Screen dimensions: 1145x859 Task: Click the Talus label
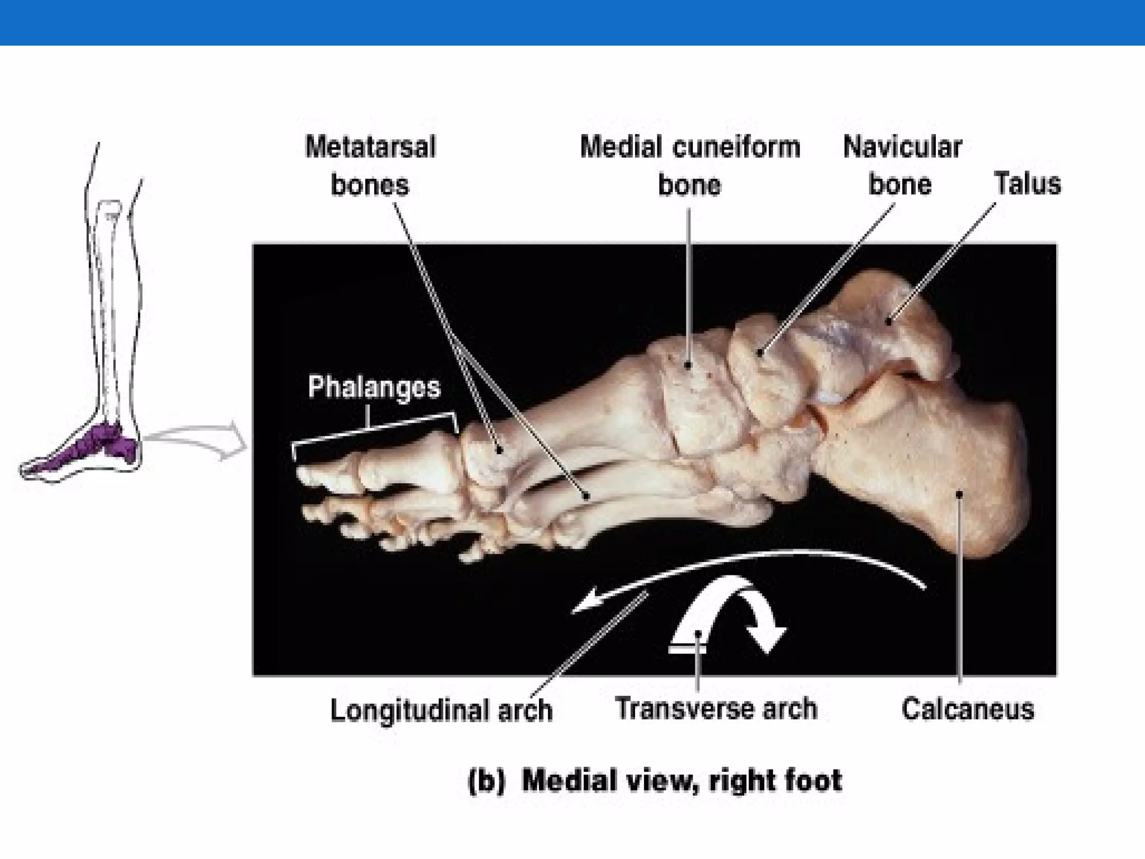click(1027, 184)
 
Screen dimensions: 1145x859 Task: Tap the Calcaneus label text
click(968, 709)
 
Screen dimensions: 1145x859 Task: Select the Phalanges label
click(374, 388)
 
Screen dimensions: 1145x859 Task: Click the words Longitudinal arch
click(441, 710)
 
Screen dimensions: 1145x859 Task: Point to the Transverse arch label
click(716, 709)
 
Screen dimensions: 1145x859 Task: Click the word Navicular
click(902, 148)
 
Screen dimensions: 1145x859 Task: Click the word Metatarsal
click(370, 148)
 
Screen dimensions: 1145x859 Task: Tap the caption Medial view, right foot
click(681, 780)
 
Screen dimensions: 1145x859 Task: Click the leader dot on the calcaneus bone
click(959, 494)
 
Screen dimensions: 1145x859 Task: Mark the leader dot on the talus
click(888, 321)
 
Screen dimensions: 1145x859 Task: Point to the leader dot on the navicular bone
click(760, 353)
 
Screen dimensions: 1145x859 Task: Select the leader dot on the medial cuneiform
click(689, 365)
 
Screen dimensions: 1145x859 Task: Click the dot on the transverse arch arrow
click(698, 634)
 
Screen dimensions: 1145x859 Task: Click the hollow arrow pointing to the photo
click(196, 441)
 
